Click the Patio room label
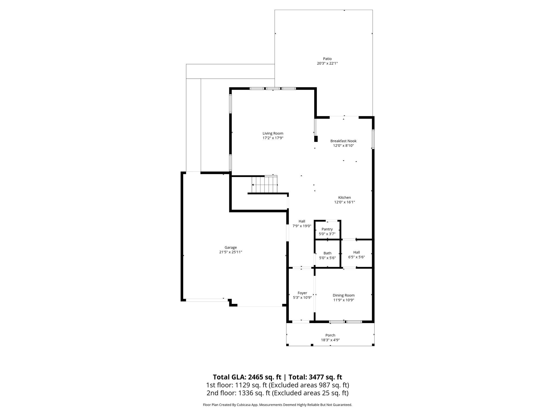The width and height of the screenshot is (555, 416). [x=327, y=59]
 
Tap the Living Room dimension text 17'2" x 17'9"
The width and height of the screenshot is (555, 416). [x=273, y=138]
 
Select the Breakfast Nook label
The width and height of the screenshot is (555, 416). [x=343, y=141]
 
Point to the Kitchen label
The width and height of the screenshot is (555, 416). [x=344, y=197]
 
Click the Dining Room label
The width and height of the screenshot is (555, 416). [x=344, y=295]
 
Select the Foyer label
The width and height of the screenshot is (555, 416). [x=302, y=293]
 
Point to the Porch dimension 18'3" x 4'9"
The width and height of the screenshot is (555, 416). [x=330, y=340]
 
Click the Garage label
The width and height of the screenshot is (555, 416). [x=231, y=247]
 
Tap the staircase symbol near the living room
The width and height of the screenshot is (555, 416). [x=264, y=184]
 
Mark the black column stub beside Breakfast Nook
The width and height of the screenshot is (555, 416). [x=316, y=139]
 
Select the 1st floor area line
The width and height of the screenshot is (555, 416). [x=277, y=385]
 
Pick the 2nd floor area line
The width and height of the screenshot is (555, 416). [x=277, y=393]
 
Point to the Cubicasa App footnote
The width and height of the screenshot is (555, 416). [x=277, y=405]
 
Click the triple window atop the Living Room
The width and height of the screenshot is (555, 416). [x=273, y=89]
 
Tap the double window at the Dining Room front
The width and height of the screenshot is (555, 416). [x=346, y=322]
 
